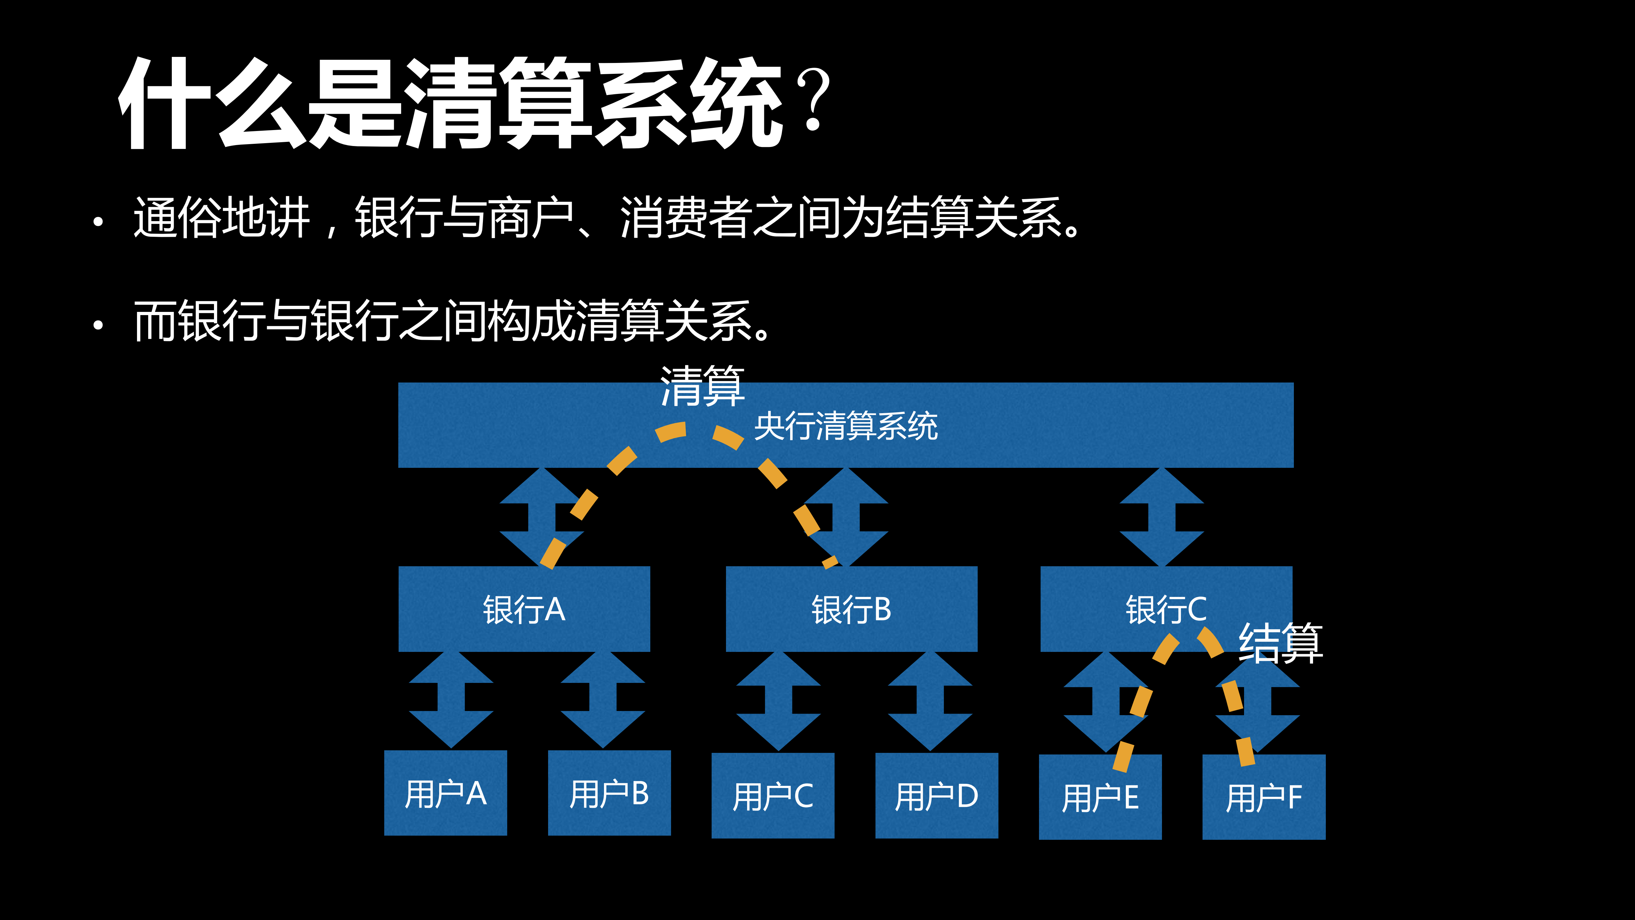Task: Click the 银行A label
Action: pos(524,609)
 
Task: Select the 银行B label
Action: pos(852,609)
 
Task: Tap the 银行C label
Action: pos(1166,609)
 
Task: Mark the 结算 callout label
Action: pos(1281,643)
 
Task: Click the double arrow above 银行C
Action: pos(1162,517)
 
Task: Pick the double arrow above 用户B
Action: pos(603,700)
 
